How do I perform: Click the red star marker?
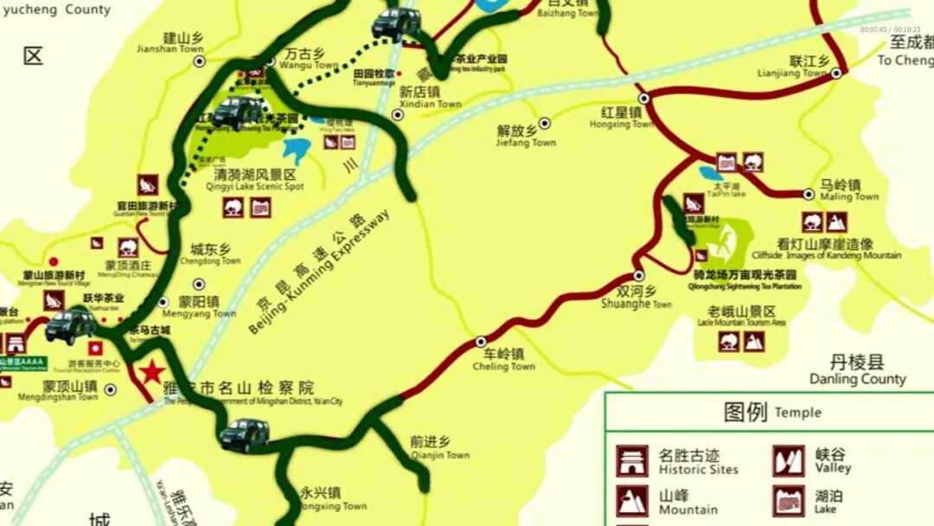point(152,372)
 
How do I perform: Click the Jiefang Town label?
point(526,137)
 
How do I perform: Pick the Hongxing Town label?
point(621,119)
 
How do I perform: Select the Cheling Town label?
point(503,360)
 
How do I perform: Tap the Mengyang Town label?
point(207,307)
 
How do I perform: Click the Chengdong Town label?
point(210,254)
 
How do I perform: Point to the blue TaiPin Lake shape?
point(711,174)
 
